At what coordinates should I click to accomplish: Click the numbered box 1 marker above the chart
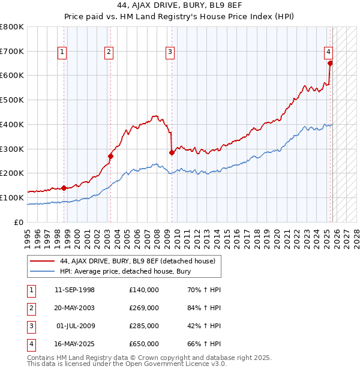click(62, 53)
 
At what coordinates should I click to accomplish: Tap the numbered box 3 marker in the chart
click(170, 53)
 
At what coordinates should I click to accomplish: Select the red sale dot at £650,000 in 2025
click(330, 63)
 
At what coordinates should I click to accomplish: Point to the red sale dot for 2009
click(172, 152)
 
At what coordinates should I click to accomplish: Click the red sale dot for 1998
click(64, 188)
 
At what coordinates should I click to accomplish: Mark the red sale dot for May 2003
click(110, 156)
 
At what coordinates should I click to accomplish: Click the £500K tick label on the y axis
click(12, 100)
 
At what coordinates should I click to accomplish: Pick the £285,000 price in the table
click(143, 326)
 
